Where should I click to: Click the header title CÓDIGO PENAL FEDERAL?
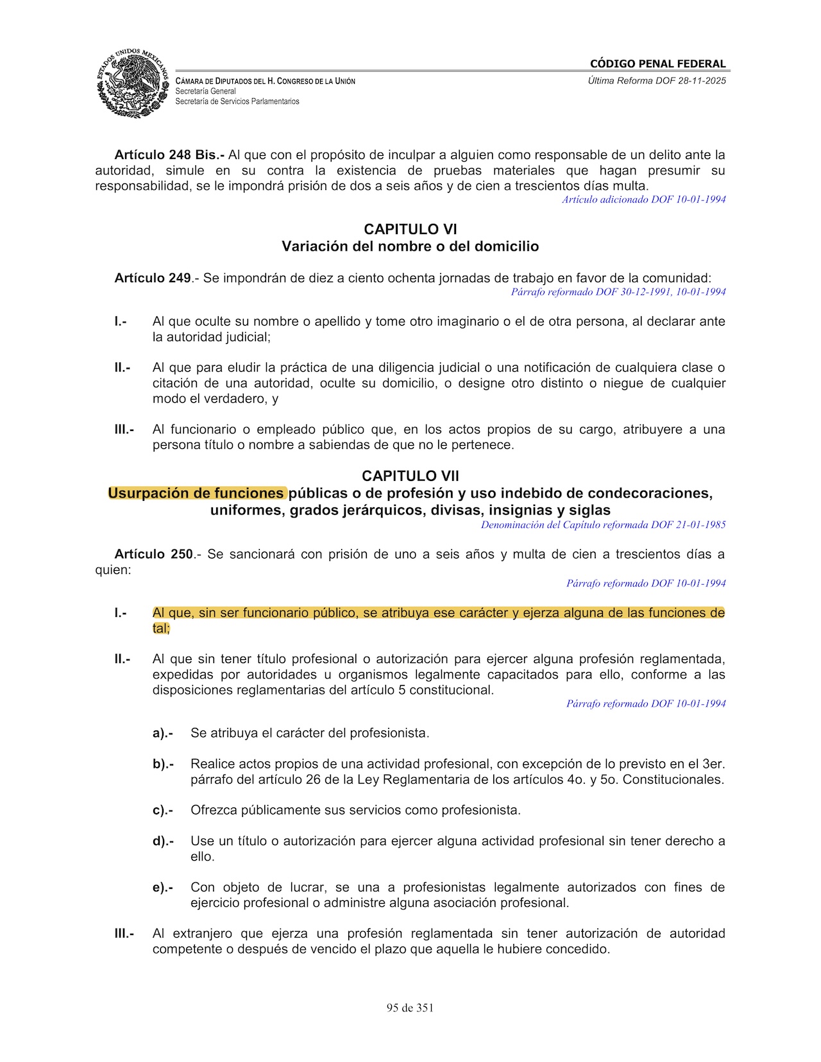657,63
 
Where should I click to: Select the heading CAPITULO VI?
410,229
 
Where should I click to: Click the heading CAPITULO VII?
410,476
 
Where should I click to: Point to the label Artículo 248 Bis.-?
169,155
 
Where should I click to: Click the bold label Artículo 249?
153,278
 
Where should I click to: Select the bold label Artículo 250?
153,553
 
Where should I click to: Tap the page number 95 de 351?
410,1007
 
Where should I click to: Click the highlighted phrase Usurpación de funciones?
196,493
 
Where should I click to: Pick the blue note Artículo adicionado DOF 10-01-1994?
644,199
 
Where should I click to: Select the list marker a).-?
163,733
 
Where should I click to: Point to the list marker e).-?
163,888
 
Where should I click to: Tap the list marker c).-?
163,810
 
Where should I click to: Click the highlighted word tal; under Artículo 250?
161,628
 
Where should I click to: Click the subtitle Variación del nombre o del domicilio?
410,246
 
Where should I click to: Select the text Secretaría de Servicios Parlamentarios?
237,101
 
